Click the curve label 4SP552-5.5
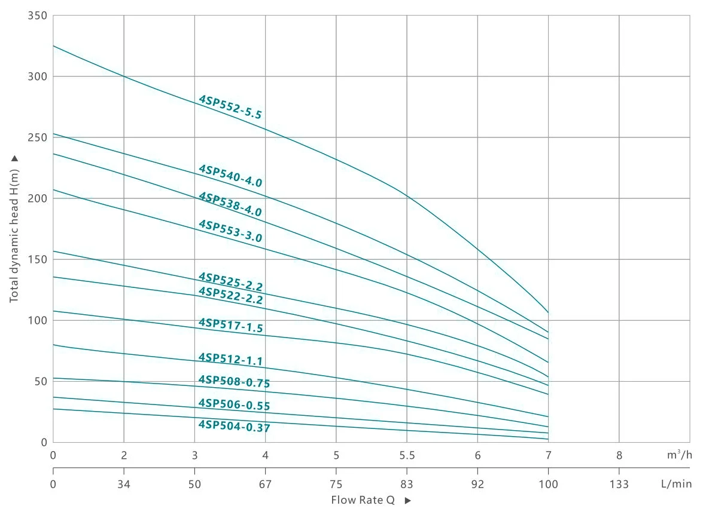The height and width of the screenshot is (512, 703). [230, 107]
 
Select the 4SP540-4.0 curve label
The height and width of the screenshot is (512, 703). [230, 176]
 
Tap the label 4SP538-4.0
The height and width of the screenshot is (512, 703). [230, 204]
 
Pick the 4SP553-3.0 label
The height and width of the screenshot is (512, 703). [230, 231]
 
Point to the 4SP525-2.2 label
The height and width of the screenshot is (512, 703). [230, 281]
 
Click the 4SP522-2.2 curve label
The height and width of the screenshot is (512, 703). [230, 295]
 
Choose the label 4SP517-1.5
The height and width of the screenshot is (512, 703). [230, 326]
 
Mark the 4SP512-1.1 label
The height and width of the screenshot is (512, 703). [230, 359]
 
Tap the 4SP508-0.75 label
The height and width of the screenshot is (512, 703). [234, 382]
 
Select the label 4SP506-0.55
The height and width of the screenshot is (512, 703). [234, 404]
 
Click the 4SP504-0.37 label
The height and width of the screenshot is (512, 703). [234, 427]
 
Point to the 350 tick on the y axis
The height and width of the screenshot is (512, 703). [37, 16]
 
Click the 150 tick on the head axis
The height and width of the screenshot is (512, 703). [37, 259]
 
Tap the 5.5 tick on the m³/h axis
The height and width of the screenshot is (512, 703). [407, 455]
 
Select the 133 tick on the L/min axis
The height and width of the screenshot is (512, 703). [619, 484]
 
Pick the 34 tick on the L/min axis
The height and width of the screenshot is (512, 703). [124, 484]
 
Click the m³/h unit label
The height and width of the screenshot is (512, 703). [679, 455]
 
